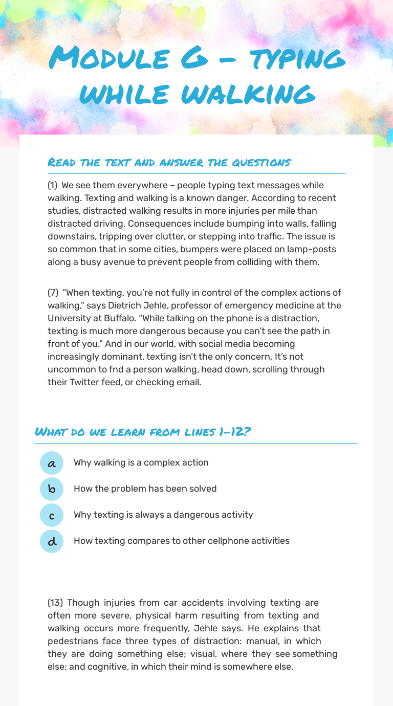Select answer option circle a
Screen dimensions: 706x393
[x=52, y=463]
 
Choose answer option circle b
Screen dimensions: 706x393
[x=52, y=489]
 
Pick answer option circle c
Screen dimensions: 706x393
[x=52, y=515]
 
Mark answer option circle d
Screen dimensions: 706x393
[x=52, y=541]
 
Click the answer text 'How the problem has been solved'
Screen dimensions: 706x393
[x=145, y=489]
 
